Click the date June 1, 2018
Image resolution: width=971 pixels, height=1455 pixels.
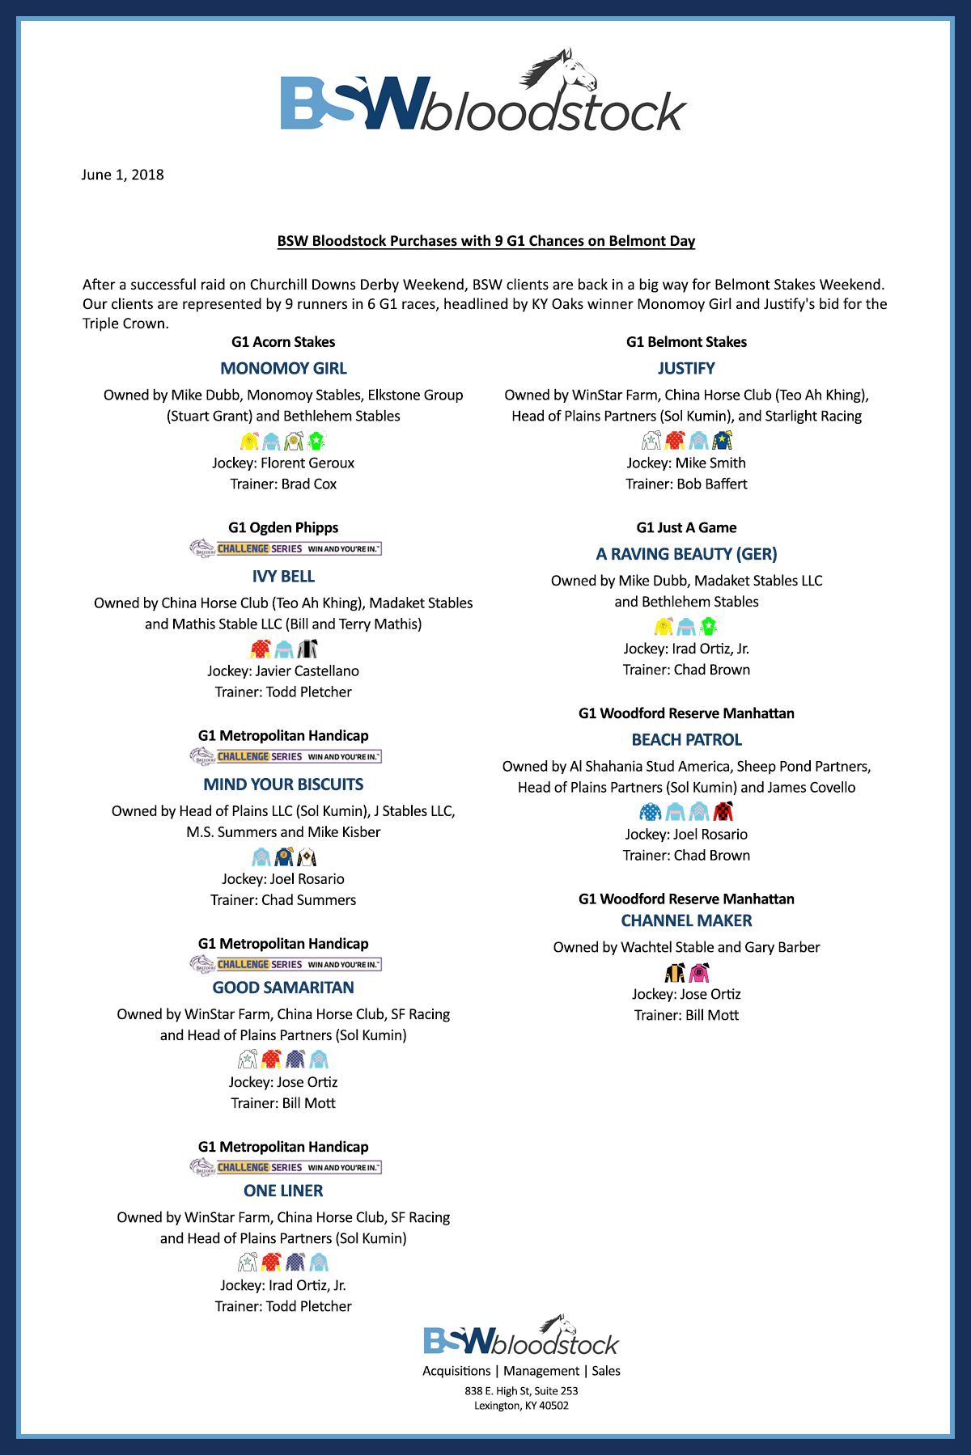[122, 175]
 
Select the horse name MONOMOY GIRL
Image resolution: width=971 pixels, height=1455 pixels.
[283, 369]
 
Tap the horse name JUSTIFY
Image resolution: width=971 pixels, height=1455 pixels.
[686, 369]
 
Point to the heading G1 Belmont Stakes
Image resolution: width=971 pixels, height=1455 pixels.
[686, 342]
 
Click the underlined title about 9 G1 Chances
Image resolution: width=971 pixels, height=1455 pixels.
[485, 241]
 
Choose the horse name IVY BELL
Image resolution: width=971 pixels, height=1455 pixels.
[283, 577]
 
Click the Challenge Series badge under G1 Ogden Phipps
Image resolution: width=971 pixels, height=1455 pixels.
[286, 548]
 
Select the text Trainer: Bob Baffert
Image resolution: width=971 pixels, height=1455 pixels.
[686, 484]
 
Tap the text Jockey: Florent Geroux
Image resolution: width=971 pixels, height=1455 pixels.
[283, 463]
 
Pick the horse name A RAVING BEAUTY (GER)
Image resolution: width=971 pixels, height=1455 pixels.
[686, 554]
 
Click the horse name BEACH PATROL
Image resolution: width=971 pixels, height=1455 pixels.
[686, 740]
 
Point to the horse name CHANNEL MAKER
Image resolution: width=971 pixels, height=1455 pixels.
[686, 920]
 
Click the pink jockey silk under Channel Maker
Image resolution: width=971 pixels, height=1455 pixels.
[699, 972]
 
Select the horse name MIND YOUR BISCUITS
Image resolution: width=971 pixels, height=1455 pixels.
[283, 785]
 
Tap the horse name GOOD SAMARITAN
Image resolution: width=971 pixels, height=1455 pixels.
[283, 988]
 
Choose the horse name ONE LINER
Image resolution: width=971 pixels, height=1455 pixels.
[283, 1191]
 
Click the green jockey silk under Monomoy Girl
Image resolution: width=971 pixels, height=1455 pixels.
[316, 441]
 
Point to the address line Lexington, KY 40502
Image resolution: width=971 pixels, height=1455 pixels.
[521, 1406]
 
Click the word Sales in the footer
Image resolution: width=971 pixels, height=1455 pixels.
[606, 1371]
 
